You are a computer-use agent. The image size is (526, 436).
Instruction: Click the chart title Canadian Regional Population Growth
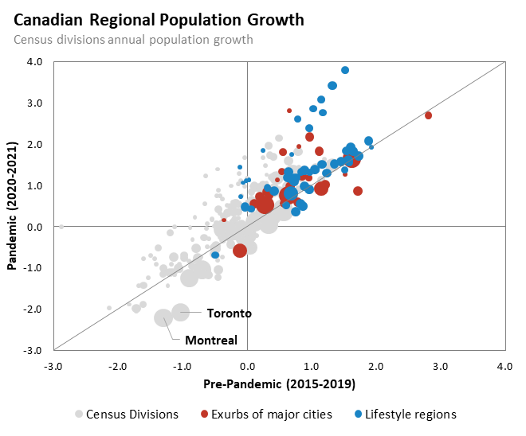(x=159, y=20)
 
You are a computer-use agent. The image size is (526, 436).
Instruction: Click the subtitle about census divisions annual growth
(x=134, y=39)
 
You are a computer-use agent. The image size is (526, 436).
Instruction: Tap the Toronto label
(x=229, y=313)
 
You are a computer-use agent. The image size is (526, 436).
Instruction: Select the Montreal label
(x=211, y=341)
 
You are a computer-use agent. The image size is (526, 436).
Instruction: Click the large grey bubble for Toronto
(x=181, y=313)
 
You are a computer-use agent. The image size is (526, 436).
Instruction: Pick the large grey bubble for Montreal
(x=163, y=317)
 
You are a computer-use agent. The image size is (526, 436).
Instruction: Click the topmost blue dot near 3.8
(x=345, y=70)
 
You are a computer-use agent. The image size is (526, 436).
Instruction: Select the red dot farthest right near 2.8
(x=429, y=115)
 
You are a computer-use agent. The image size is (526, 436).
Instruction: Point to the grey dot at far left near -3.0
(x=61, y=227)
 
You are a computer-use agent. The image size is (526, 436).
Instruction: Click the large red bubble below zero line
(x=240, y=251)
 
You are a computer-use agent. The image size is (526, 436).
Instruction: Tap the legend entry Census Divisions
(x=131, y=415)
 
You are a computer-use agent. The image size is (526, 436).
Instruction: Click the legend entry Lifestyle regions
(x=410, y=415)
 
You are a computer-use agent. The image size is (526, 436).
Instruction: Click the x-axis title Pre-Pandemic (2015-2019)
(x=280, y=383)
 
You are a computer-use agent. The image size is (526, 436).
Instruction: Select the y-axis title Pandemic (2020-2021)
(x=14, y=204)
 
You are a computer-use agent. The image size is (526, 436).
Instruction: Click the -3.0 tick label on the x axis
(x=54, y=367)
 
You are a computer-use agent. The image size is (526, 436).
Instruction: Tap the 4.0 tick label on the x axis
(x=504, y=367)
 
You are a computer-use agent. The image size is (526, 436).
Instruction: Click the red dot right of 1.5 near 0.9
(x=358, y=191)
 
